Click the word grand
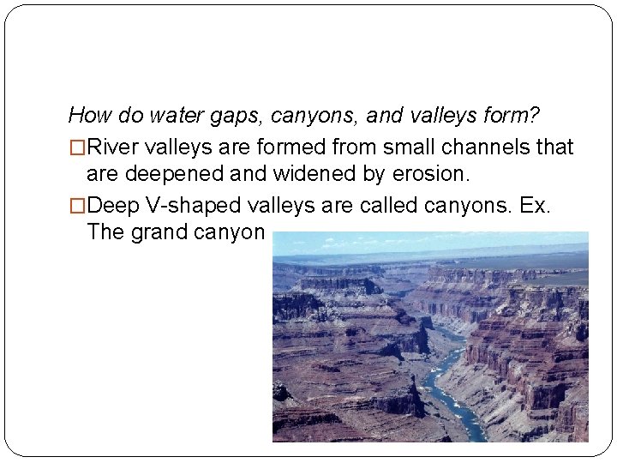click(162, 233)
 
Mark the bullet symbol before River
click(77, 147)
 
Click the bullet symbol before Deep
click(77, 205)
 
